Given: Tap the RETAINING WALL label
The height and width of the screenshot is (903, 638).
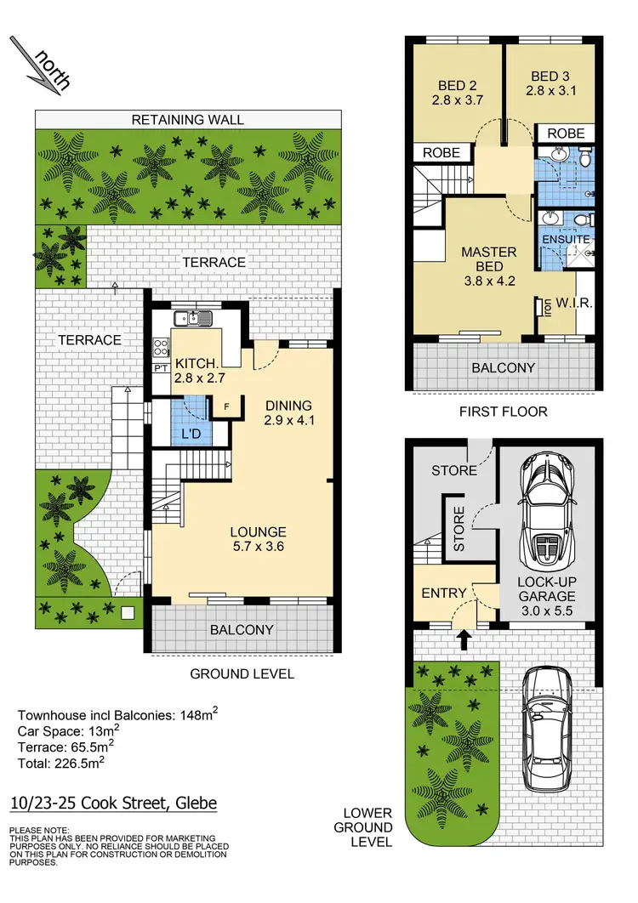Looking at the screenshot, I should coord(187,120).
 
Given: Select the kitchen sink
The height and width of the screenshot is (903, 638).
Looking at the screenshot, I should coord(195,319).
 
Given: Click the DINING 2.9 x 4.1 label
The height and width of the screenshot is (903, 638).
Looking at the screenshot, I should coord(288,412).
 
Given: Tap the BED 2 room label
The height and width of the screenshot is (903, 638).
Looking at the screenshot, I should coord(457,93).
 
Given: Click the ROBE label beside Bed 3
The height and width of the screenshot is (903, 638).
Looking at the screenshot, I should coord(565,133).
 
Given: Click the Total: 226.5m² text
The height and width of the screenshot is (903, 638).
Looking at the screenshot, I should coord(60,762).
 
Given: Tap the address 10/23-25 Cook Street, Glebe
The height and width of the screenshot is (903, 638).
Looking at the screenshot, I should coord(113,804).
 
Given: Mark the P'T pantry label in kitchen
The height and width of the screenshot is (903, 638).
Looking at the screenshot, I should coord(159,367).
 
